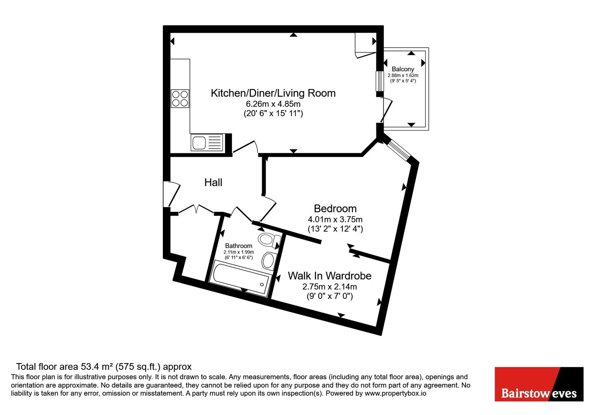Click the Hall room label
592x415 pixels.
(x=213, y=182)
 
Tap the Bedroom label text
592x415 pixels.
(x=335, y=209)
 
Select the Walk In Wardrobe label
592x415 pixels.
(x=330, y=276)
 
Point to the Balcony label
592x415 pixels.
(x=403, y=69)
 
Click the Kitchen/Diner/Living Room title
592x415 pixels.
(x=273, y=93)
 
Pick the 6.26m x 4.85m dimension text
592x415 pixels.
(x=273, y=104)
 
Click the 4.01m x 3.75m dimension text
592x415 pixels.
(x=335, y=219)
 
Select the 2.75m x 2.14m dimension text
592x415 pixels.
(x=330, y=287)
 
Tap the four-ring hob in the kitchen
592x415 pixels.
(x=180, y=99)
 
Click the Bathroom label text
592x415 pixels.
(x=238, y=246)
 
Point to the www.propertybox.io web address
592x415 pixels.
(x=396, y=393)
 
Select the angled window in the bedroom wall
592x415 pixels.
(x=398, y=150)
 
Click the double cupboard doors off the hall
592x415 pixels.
(x=196, y=209)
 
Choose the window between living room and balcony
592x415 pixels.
(x=380, y=81)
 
